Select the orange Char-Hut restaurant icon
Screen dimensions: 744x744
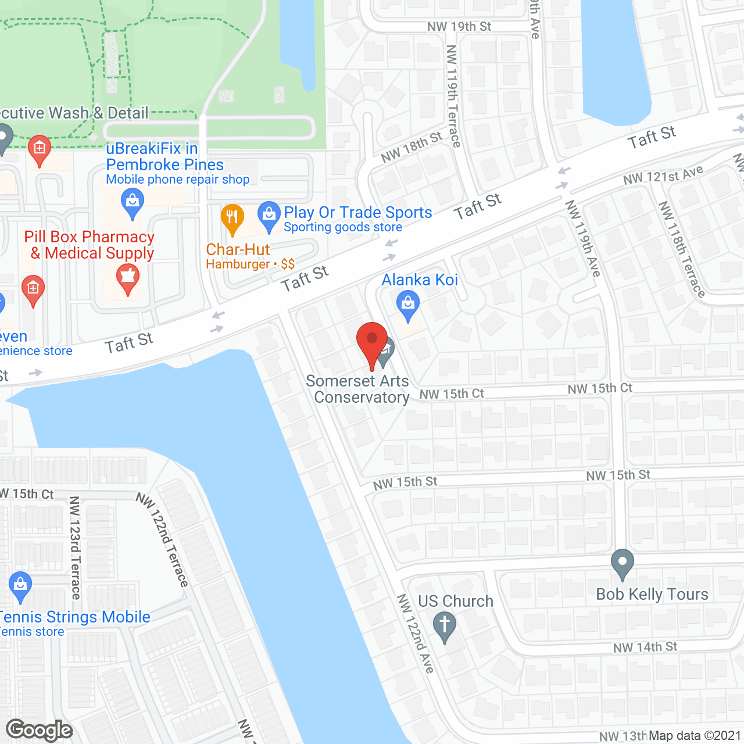[x=233, y=219]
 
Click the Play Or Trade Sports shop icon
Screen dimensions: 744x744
[x=269, y=216]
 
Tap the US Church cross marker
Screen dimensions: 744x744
[x=445, y=626]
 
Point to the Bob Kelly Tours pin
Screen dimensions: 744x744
[x=623, y=563]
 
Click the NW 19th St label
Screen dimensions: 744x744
[x=459, y=27]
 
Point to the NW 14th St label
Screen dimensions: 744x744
[x=645, y=647]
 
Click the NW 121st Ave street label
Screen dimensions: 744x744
[x=663, y=174]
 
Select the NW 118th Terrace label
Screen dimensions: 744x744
[x=681, y=249]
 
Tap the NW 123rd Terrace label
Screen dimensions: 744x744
[x=75, y=547]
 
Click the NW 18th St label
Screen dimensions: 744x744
[x=411, y=146]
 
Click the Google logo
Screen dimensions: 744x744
[x=40, y=730]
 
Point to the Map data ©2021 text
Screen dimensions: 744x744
[x=695, y=736]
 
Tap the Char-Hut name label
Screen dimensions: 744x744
[x=238, y=249]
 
